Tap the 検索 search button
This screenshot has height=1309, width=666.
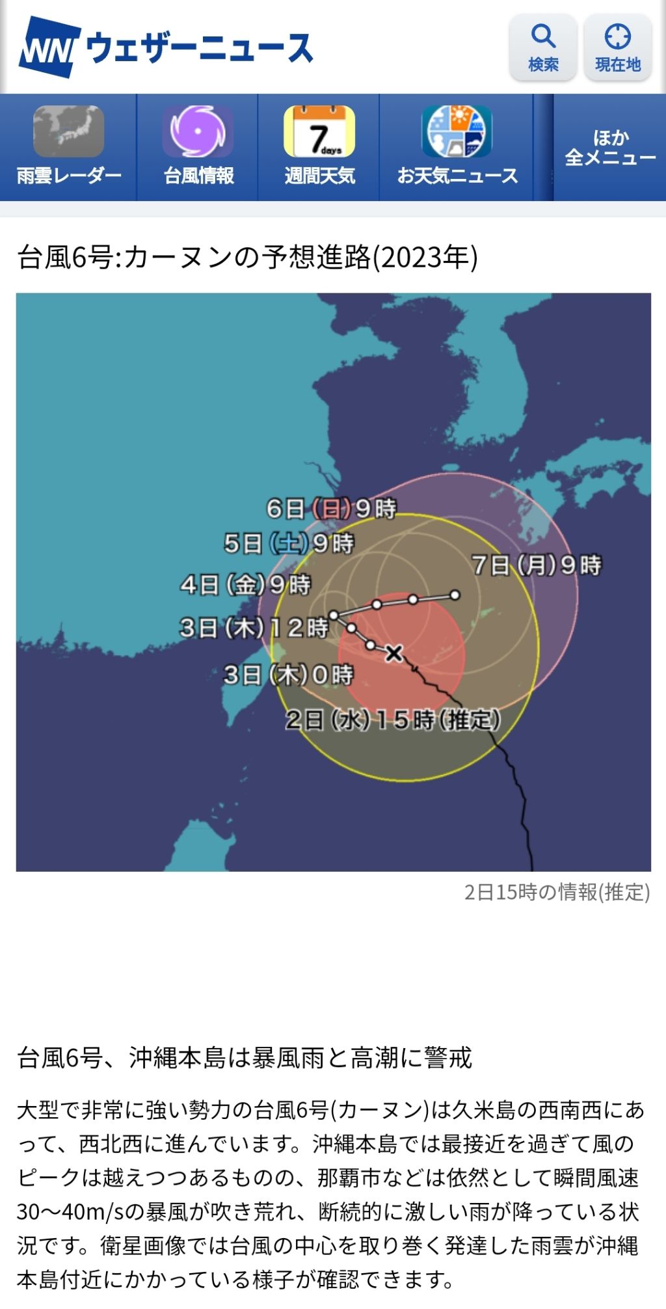[543, 47]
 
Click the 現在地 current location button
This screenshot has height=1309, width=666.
[617, 47]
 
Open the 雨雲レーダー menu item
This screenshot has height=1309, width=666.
[68, 147]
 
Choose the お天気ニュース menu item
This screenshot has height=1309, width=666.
[457, 147]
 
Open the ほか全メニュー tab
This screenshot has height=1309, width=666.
[610, 147]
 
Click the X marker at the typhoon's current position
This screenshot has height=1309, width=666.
[393, 653]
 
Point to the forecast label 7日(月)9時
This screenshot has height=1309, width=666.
[537, 565]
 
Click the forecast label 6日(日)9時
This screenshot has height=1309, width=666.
[331, 508]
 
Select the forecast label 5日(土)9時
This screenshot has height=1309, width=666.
[288, 543]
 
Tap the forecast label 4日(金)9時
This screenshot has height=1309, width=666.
[246, 585]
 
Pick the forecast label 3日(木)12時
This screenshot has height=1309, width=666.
[254, 628]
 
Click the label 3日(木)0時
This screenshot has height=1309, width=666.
[288, 675]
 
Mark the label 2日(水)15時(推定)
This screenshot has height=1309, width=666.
[393, 720]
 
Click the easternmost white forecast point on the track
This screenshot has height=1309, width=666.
[455, 595]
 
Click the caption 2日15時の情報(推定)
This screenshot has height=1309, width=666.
[557, 892]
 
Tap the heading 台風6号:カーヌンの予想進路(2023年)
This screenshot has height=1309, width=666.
[248, 258]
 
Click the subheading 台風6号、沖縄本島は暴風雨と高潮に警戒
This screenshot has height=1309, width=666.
[245, 1057]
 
